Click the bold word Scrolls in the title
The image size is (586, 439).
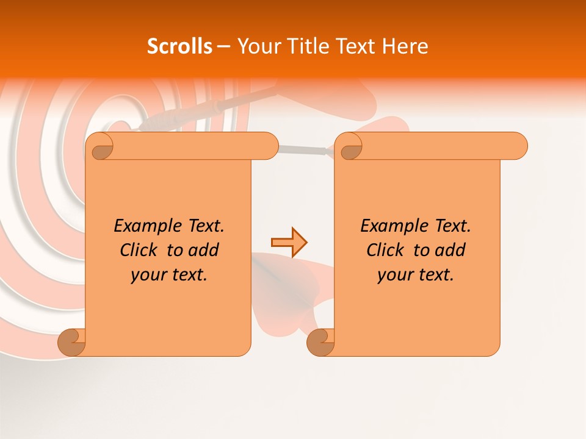[x=179, y=46]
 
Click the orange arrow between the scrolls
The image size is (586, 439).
[x=289, y=242]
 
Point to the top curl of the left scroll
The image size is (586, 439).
[x=99, y=146]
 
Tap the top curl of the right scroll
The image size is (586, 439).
[x=348, y=146]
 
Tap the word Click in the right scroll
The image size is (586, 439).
[x=385, y=250]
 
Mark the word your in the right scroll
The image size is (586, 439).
[x=394, y=275]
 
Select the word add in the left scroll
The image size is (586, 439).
[x=204, y=250]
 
